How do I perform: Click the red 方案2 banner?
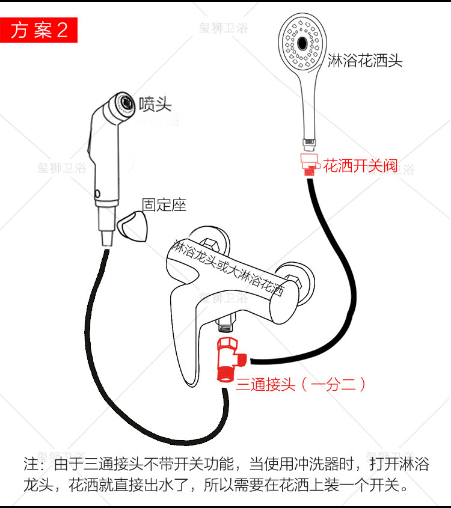[x=38, y=30]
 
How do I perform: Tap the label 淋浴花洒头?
[x=365, y=61]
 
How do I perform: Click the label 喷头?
[x=155, y=104]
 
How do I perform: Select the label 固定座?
[x=164, y=205]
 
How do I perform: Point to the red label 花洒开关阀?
[x=360, y=166]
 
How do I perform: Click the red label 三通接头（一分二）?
[x=301, y=385]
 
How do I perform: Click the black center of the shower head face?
[x=302, y=43]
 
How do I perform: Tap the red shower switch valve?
[x=309, y=164]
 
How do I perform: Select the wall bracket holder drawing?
[x=132, y=227]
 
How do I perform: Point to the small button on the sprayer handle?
[x=97, y=194]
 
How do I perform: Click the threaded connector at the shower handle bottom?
[x=309, y=144]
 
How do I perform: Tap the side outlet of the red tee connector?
[x=242, y=359]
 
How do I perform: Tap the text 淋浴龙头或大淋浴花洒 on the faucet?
[x=228, y=268]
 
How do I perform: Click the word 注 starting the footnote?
[x=31, y=464]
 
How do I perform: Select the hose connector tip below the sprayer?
[x=107, y=238]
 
